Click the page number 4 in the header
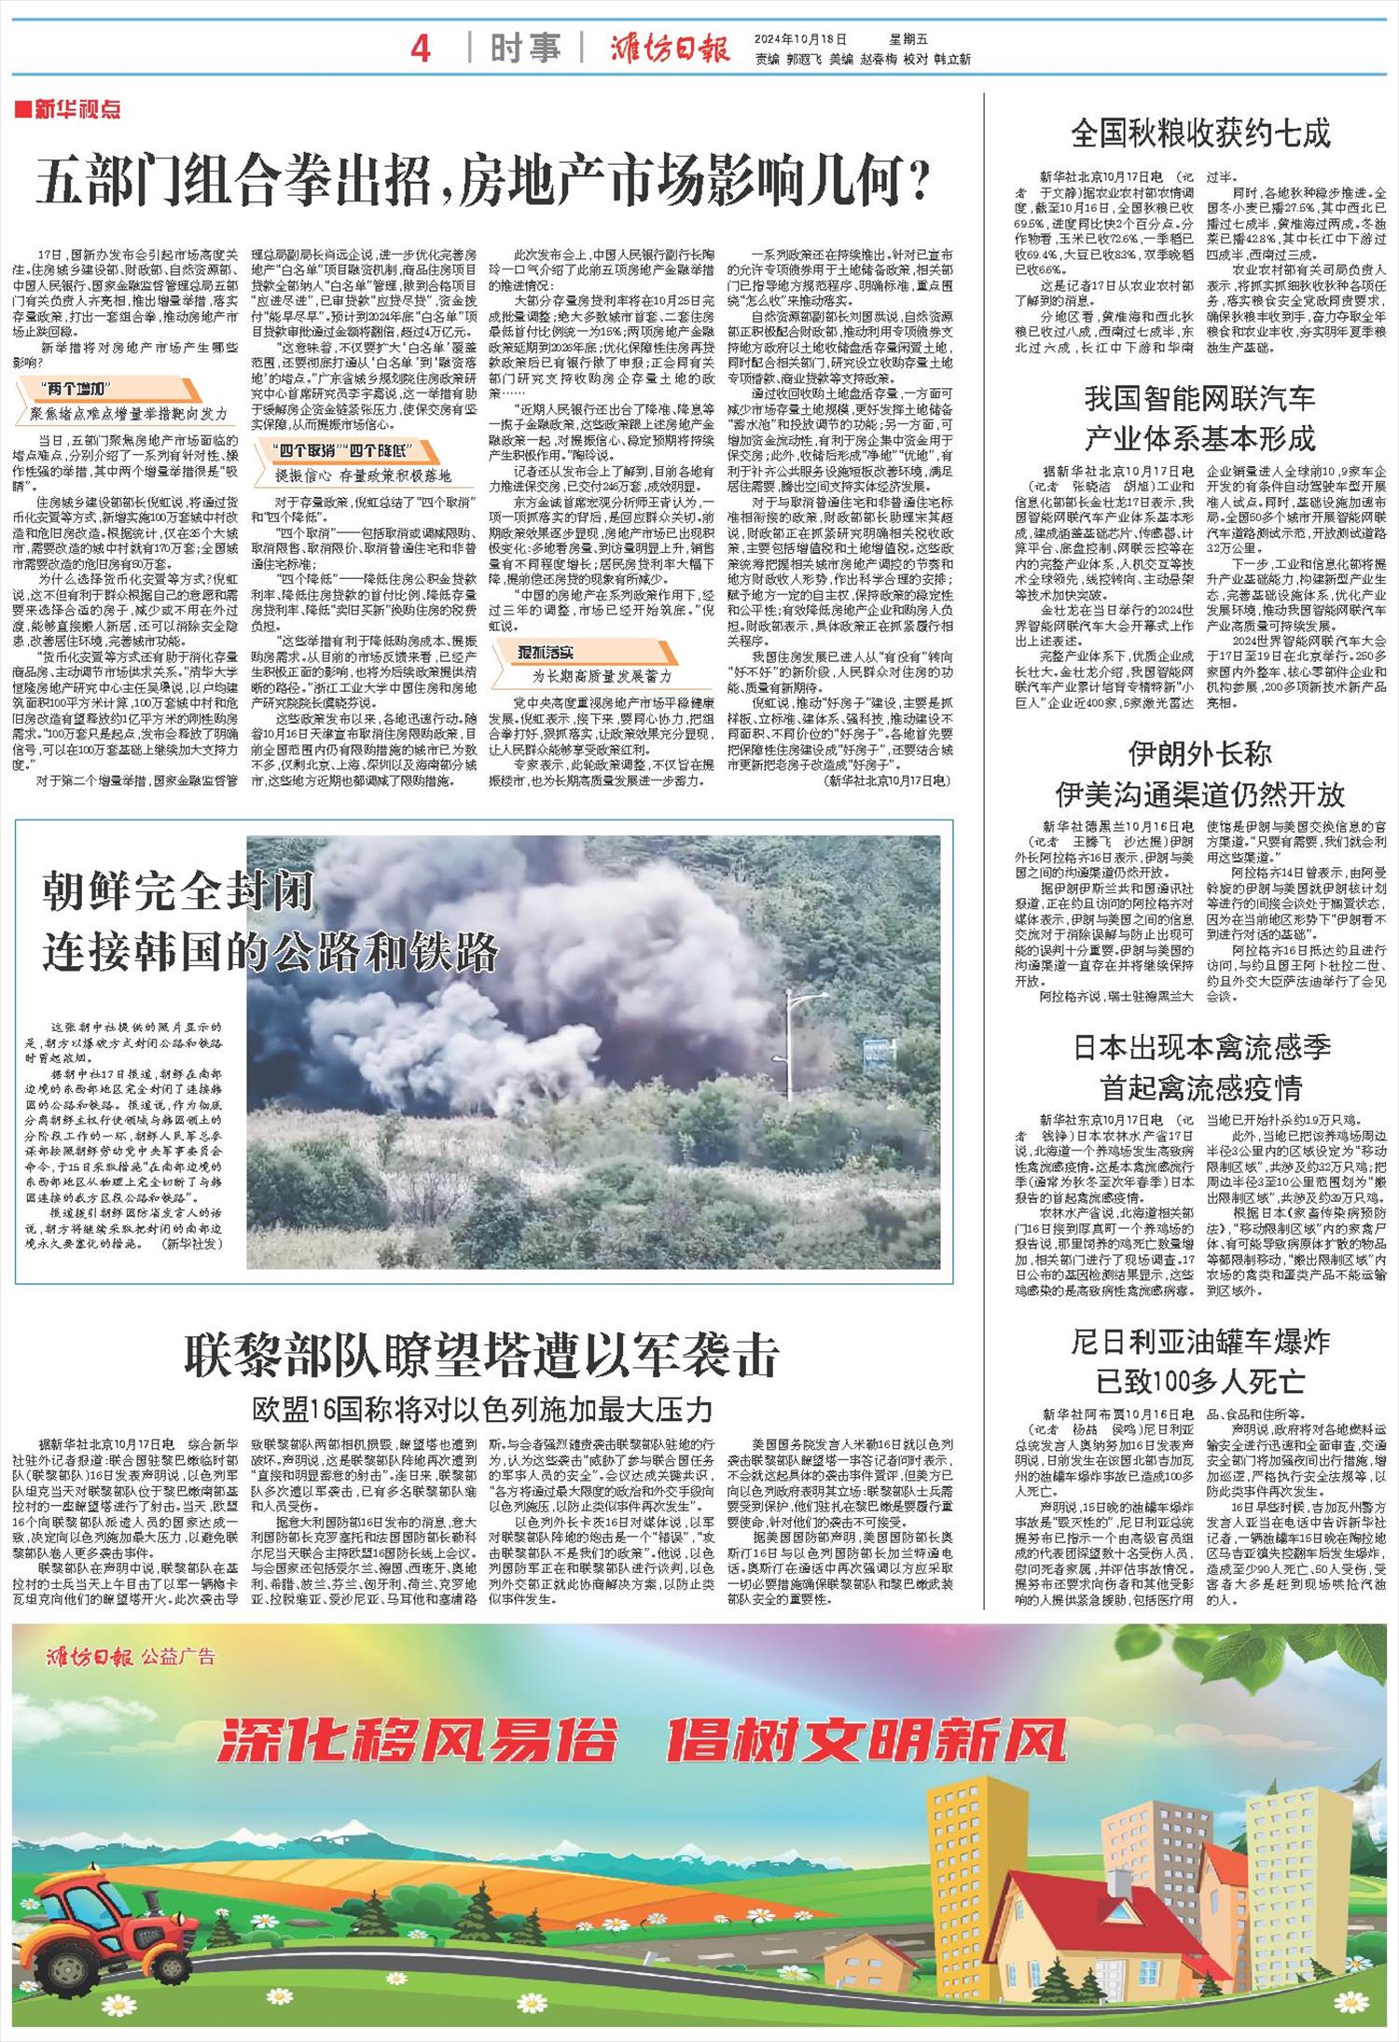tap(421, 48)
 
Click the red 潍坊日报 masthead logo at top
tap(669, 48)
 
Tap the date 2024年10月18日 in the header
tap(801, 39)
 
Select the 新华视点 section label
tap(69, 110)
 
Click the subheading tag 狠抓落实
tap(546, 653)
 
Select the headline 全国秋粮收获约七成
tap(1200, 133)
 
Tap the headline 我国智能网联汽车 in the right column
tap(1199, 399)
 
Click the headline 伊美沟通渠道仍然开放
tap(1199, 794)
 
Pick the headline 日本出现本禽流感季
tap(1201, 1047)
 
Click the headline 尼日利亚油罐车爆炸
tap(1199, 1342)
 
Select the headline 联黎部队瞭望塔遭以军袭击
tap(482, 1357)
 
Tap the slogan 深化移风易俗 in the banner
tap(417, 1737)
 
